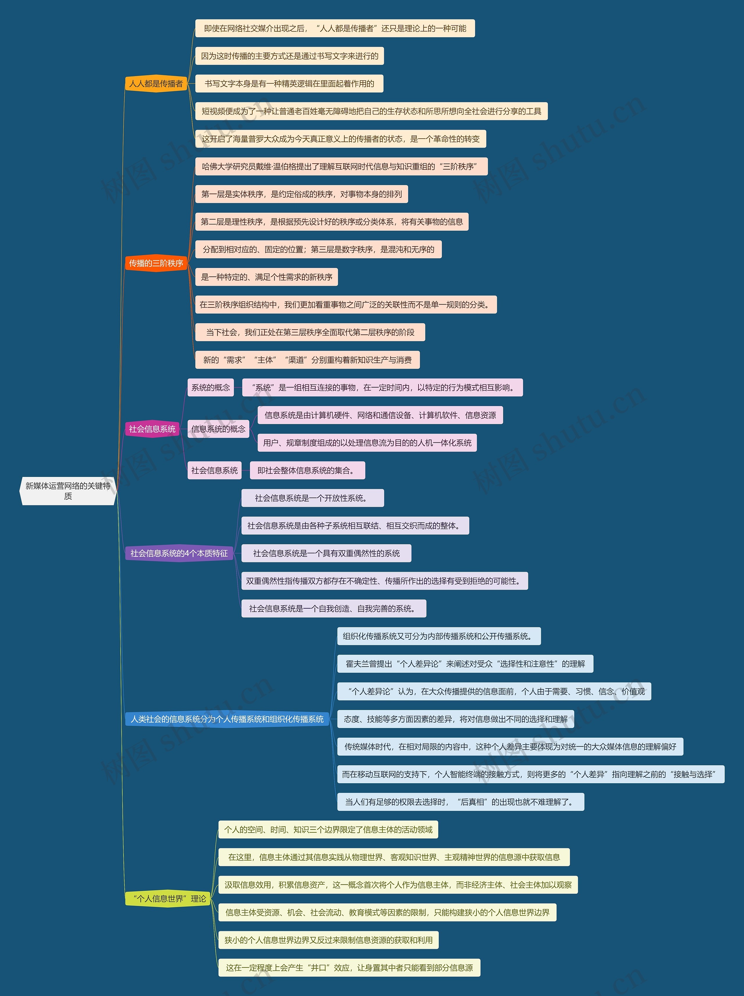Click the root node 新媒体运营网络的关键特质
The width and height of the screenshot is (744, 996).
pos(68,491)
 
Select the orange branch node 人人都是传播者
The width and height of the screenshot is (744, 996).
pos(156,83)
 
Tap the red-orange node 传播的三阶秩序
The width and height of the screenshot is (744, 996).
pos(156,263)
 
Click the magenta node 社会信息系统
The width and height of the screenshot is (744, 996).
pos(152,429)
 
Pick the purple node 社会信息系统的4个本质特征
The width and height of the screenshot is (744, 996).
pos(179,553)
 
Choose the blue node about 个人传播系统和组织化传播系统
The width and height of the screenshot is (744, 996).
pos(227,719)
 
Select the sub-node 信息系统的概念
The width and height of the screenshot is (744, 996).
pos(218,429)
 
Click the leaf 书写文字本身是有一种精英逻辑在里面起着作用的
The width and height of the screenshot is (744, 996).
pos(289,84)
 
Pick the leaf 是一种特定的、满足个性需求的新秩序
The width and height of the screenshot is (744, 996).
pos(266,277)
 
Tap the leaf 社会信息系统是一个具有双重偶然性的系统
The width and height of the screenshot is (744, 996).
pos(326,553)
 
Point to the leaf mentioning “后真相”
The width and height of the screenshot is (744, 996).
pos(460,802)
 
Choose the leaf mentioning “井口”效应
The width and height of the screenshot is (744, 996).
pos(349,968)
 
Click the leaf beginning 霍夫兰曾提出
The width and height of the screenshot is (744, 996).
pos(465,664)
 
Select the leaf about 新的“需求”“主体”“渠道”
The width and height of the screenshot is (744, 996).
pos(307,360)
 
